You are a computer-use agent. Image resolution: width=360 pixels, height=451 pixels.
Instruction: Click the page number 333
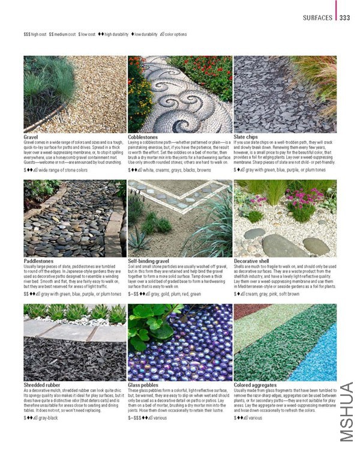[344, 17]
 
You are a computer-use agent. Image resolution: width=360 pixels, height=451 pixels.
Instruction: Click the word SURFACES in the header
[317, 18]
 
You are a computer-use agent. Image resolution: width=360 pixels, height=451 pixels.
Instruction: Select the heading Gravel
[31, 137]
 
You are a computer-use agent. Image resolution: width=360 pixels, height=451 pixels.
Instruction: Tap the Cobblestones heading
[143, 137]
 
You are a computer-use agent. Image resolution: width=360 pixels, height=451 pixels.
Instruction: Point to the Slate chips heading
[247, 137]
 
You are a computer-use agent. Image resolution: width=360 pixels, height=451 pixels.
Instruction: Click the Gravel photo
[74, 94]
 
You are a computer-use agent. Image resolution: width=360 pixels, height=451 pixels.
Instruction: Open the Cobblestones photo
[179, 94]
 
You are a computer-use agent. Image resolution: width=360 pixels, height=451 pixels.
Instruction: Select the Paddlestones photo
[74, 218]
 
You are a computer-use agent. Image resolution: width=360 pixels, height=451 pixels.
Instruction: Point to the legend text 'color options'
[173, 35]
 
